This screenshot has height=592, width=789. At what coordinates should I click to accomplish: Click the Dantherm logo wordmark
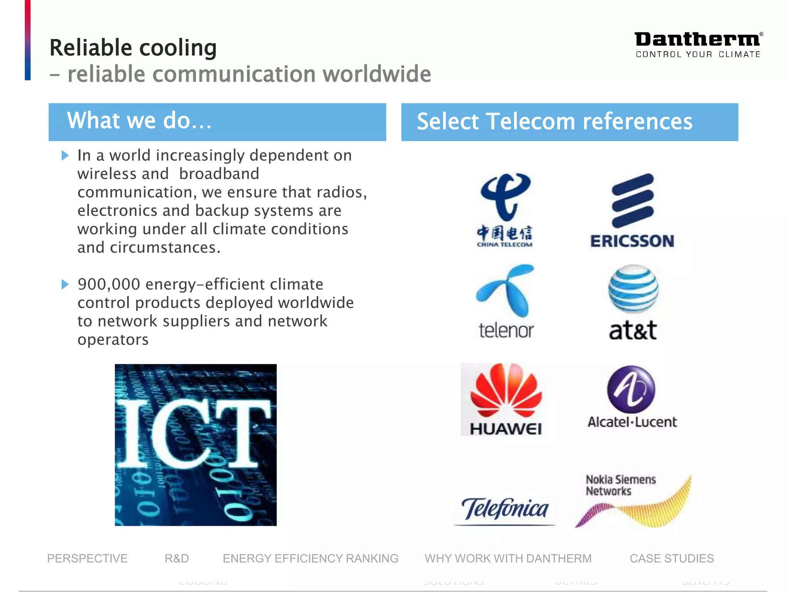click(x=698, y=40)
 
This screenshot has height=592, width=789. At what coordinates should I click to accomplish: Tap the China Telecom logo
click(x=505, y=210)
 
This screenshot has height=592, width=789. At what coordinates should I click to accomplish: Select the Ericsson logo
click(x=632, y=210)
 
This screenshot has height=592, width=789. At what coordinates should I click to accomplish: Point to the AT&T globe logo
click(x=633, y=289)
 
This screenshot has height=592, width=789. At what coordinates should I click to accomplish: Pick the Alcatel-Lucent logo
click(x=632, y=397)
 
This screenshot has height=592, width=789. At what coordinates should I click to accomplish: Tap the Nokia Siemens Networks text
click(x=620, y=485)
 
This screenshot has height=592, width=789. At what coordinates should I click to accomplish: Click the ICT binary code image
click(x=196, y=445)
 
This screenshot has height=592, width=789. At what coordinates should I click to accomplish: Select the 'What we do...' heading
click(x=139, y=121)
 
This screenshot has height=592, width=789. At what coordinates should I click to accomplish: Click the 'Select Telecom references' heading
click(x=554, y=122)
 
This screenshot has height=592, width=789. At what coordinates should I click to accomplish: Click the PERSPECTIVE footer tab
click(x=87, y=558)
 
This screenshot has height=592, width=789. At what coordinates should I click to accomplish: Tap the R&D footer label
click(x=177, y=558)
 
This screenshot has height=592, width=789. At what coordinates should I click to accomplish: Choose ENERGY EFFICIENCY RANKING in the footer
click(x=311, y=558)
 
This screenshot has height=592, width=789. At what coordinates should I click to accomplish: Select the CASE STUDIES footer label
click(x=671, y=558)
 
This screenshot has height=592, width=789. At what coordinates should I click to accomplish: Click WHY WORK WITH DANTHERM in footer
click(x=508, y=558)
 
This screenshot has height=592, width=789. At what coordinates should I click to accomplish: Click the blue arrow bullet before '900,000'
click(x=65, y=285)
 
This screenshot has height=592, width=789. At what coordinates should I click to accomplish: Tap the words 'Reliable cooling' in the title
click(x=133, y=48)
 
